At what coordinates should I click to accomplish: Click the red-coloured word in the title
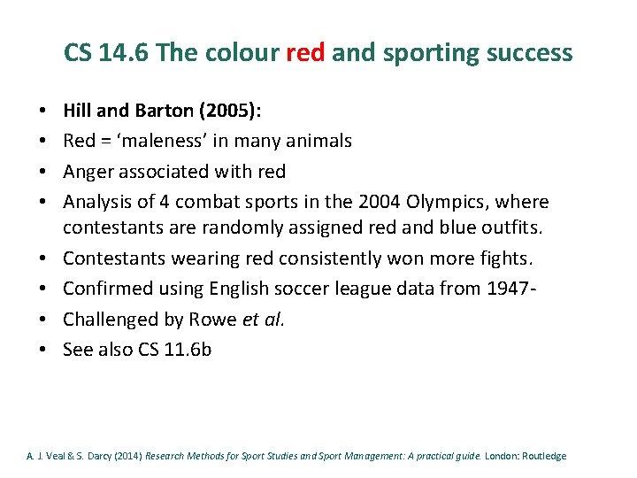[306, 53]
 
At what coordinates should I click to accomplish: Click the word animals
[320, 141]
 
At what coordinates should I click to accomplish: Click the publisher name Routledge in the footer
[542, 457]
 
